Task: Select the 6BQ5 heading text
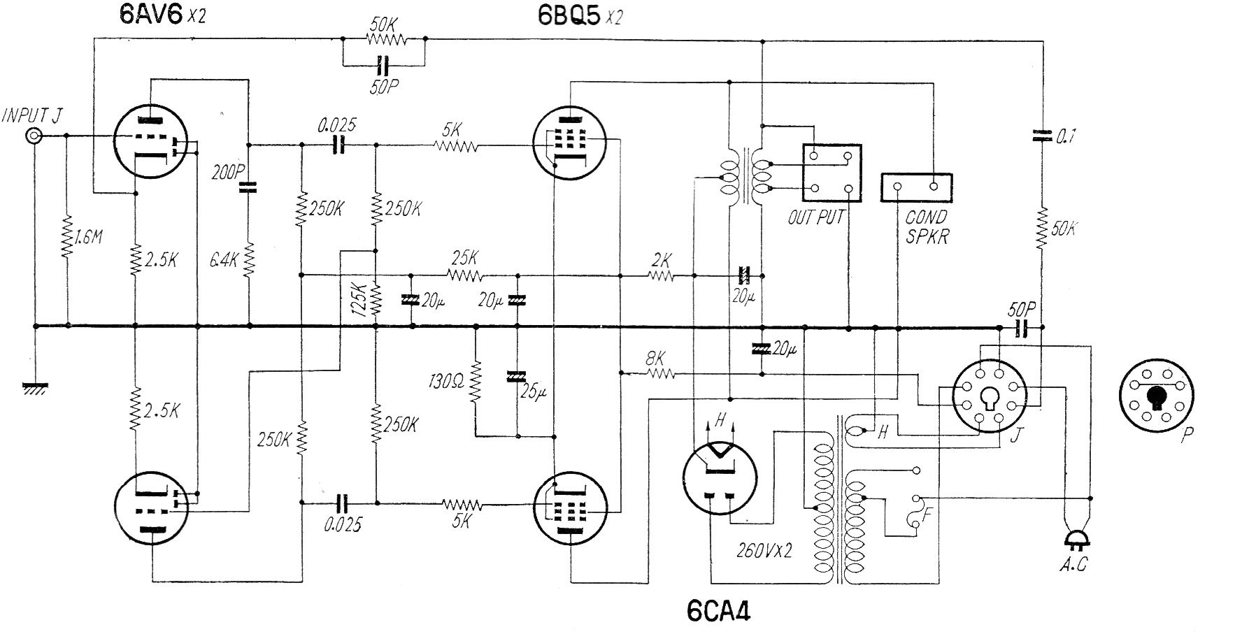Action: point(568,15)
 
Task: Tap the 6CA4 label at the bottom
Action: point(718,612)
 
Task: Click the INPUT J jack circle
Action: point(33,136)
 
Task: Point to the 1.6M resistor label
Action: point(88,238)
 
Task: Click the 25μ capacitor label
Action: point(533,392)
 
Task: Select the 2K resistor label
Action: point(661,260)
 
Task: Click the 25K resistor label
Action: point(465,256)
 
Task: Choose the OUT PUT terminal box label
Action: point(816,217)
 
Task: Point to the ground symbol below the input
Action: point(34,388)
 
